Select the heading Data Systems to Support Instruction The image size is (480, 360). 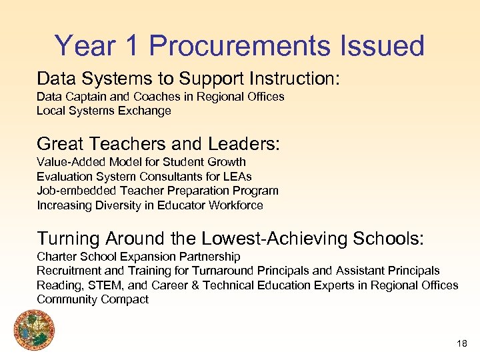pyautogui.click(x=188, y=79)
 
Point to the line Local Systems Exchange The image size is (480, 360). pyautogui.click(x=103, y=111)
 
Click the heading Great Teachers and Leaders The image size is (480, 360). pyautogui.click(x=159, y=143)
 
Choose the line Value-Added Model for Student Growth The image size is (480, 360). pyautogui.click(x=141, y=162)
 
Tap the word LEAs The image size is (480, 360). pyautogui.click(x=238, y=177)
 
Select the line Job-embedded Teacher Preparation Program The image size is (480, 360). pyautogui.click(x=157, y=191)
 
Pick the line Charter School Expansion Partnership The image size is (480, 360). pyautogui.click(x=138, y=257)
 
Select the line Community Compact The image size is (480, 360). pyautogui.click(x=93, y=299)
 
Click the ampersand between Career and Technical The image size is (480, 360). pyautogui.click(x=185, y=285)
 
